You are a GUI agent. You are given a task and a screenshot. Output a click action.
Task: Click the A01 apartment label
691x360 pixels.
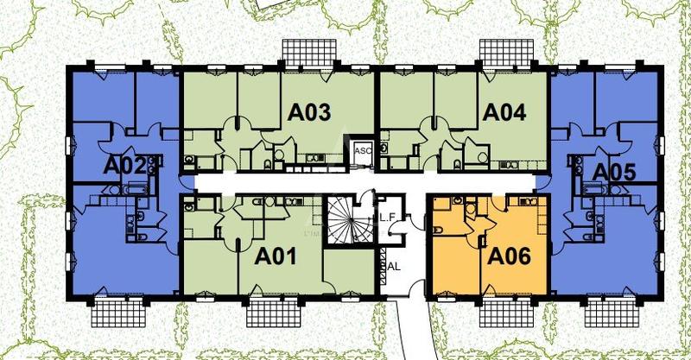point(277,256)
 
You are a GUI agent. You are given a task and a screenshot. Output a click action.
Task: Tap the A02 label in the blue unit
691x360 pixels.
point(123,165)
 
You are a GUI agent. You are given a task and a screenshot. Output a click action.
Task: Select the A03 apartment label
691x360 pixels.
point(308,112)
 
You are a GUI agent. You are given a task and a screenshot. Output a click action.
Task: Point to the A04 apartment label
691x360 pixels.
point(504,112)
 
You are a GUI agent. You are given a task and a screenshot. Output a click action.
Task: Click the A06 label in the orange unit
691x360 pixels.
point(510,256)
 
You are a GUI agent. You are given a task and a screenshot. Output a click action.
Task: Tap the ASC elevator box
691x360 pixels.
point(361,150)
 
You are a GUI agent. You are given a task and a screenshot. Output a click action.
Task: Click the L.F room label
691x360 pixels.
point(388,220)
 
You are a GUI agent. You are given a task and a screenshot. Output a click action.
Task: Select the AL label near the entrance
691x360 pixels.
point(394,267)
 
